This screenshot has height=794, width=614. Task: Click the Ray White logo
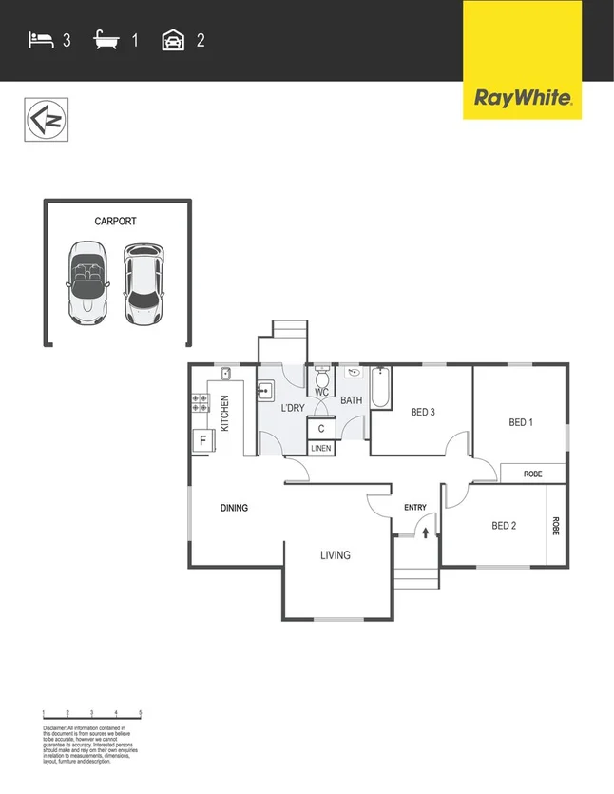coord(522,97)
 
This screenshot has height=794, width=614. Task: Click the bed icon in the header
coord(40,40)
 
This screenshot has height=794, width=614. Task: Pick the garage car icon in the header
coord(173,40)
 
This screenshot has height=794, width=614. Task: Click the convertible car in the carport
coord(87,282)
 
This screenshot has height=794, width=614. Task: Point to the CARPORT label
coord(115,222)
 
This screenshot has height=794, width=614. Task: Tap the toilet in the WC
coord(321,378)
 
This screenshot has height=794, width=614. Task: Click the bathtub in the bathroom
coord(380,387)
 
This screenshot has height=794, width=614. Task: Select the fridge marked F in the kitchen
coord(201,440)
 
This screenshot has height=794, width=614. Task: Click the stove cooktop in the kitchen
coord(201,403)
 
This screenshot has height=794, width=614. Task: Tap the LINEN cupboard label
coord(321,448)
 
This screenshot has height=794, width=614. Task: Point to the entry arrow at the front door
coord(426,535)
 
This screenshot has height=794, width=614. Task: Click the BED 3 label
coord(423,412)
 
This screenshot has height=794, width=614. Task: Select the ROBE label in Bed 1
coord(531,473)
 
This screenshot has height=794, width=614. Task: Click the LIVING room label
coord(335,555)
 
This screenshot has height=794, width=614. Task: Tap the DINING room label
coord(234,508)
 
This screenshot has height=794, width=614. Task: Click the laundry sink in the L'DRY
coord(265,390)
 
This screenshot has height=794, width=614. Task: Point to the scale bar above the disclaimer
coord(92,713)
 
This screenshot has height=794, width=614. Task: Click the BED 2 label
coord(504,526)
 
